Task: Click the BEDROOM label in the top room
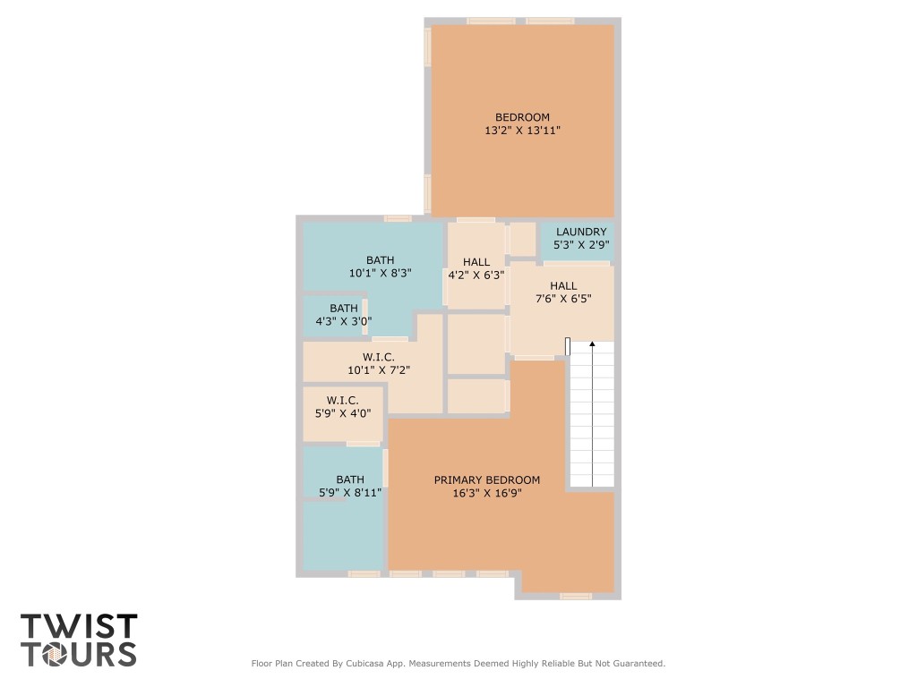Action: (x=522, y=117)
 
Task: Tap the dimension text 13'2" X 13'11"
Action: (x=522, y=131)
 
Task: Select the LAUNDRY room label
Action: (x=580, y=232)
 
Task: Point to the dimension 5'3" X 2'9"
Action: (x=580, y=245)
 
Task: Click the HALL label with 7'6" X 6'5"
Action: (x=563, y=285)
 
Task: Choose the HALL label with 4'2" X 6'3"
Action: (x=476, y=262)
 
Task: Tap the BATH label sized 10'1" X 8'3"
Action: (x=380, y=260)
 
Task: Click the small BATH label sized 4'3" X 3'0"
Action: (x=343, y=308)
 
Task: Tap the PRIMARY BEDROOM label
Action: (x=487, y=479)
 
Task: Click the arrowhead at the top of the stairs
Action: (x=592, y=343)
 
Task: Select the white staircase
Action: (x=592, y=420)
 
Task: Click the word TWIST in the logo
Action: (x=79, y=626)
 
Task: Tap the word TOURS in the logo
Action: (x=79, y=654)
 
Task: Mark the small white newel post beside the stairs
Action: (x=568, y=345)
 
